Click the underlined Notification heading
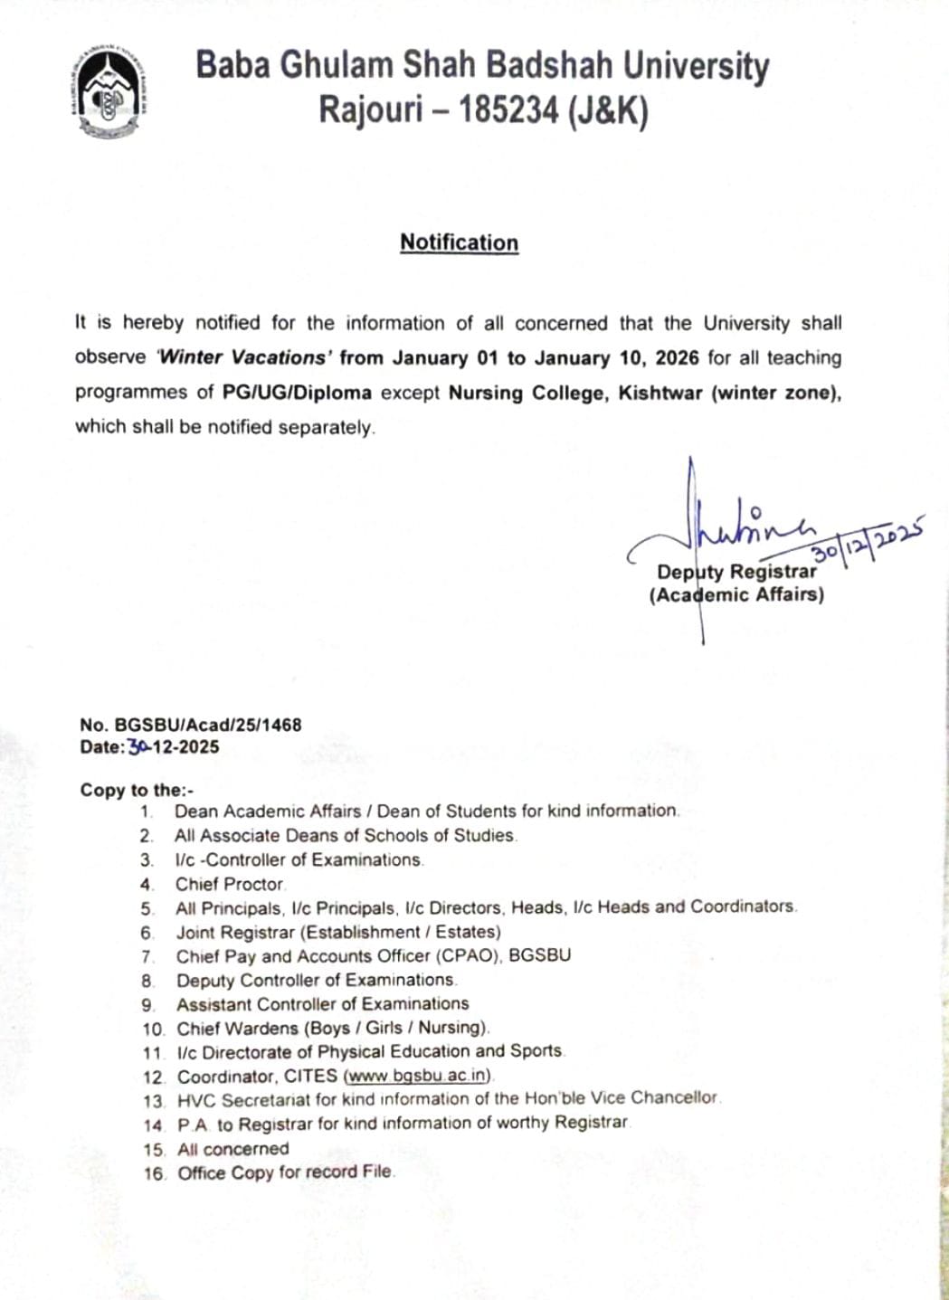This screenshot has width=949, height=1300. click(459, 242)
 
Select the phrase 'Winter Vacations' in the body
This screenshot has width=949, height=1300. click(242, 357)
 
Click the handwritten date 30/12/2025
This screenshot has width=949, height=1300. click(868, 540)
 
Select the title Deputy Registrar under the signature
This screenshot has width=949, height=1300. click(736, 572)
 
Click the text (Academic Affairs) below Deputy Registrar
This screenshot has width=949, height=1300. click(736, 595)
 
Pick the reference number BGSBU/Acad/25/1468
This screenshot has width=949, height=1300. click(208, 725)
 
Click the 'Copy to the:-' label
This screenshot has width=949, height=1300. click(137, 789)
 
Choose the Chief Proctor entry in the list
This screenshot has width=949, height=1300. click(230, 884)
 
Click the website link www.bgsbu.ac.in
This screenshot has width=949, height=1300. click(418, 1077)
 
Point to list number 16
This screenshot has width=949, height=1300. click(155, 1174)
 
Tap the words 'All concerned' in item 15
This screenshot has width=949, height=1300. click(233, 1149)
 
